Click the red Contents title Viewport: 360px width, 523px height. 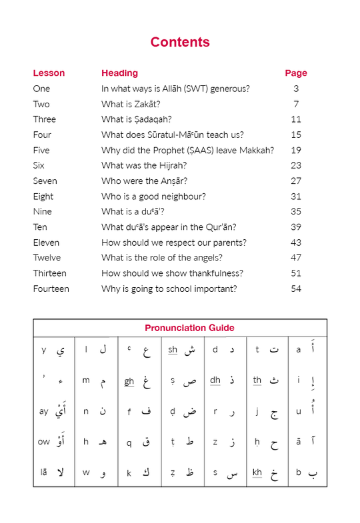(180, 42)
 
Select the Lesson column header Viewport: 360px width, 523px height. (49, 73)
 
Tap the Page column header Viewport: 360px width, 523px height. (296, 73)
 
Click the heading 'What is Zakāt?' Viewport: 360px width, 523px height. (131, 104)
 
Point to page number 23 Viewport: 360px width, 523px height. (296, 166)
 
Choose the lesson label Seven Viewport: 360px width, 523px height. (45, 181)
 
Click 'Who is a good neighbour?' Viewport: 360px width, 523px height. (153, 197)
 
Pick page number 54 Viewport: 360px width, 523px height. (296, 289)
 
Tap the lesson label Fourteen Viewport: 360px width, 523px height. (51, 289)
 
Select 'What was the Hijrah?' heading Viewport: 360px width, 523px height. (144, 166)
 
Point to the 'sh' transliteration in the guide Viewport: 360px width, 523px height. (173, 350)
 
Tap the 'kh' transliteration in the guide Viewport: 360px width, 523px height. (257, 472)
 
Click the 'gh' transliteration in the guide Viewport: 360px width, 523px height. (129, 381)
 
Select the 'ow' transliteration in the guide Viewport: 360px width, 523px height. (44, 442)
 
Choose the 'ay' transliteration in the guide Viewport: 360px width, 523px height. (44, 411)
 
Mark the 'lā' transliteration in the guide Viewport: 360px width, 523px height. (44, 472)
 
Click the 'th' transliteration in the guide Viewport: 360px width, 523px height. (257, 380)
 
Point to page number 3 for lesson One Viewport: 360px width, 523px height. (296, 89)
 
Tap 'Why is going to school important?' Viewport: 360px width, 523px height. (169, 289)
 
